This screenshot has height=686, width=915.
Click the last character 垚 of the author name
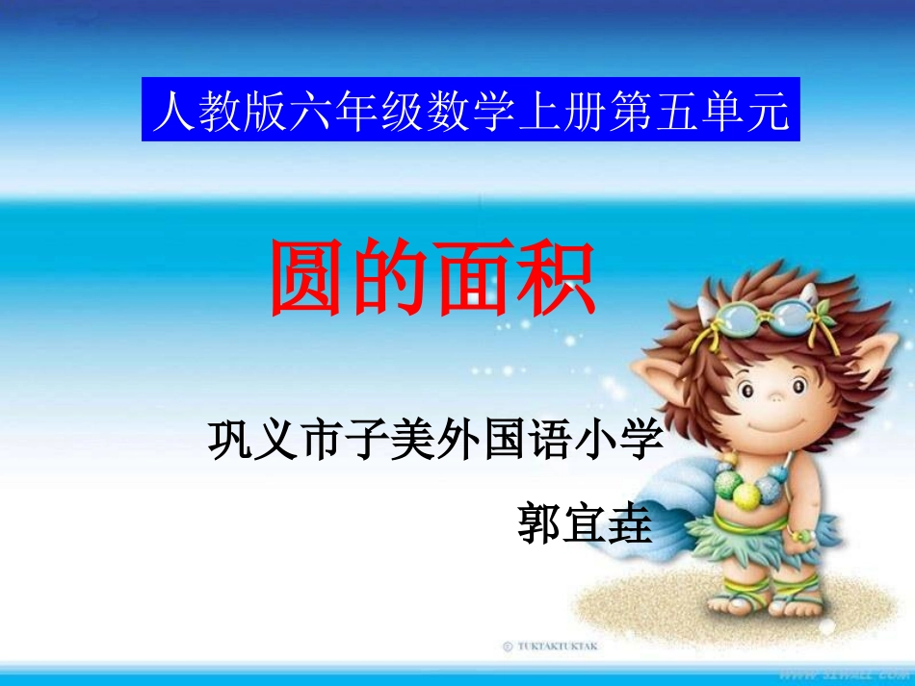pyautogui.click(x=630, y=522)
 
